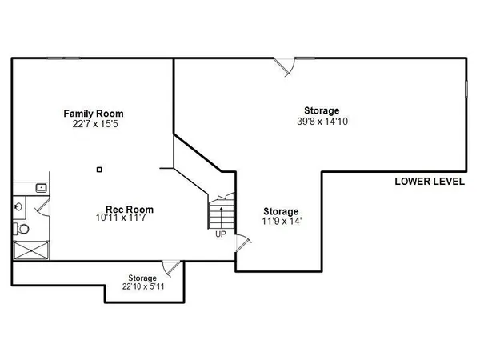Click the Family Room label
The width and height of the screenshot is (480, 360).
(94, 114)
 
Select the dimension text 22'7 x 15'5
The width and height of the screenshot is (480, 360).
(94, 124)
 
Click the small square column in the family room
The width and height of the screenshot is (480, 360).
(98, 169)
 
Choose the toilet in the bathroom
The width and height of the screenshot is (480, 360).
(22, 229)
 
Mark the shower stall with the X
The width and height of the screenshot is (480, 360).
(30, 250)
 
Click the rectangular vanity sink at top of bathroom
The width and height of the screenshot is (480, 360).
(40, 187)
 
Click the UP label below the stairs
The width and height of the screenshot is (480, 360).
(220, 234)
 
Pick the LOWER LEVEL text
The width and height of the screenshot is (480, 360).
(430, 182)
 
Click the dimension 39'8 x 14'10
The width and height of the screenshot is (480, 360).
(321, 122)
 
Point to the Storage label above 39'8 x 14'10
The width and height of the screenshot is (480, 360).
(321, 110)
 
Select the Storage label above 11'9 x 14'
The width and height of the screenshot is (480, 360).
(281, 211)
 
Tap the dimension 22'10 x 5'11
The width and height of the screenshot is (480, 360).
(146, 286)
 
